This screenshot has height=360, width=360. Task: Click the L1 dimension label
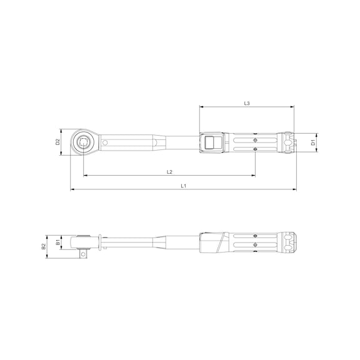(x=183, y=186)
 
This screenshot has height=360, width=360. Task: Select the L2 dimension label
(x=169, y=172)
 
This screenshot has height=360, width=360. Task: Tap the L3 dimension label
(x=247, y=103)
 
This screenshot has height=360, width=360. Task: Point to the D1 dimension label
(x=314, y=142)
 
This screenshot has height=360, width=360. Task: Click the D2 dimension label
(x=57, y=142)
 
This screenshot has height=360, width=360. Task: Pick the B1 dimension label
(x=57, y=241)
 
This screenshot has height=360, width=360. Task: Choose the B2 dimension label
(x=44, y=246)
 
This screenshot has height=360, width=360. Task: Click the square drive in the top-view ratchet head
(x=82, y=142)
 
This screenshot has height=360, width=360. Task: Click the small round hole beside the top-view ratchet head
(x=105, y=142)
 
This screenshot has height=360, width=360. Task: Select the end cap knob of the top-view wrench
(x=289, y=142)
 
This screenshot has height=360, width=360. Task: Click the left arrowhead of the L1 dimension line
(x=72, y=189)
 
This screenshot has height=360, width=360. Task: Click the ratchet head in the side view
(x=85, y=241)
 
